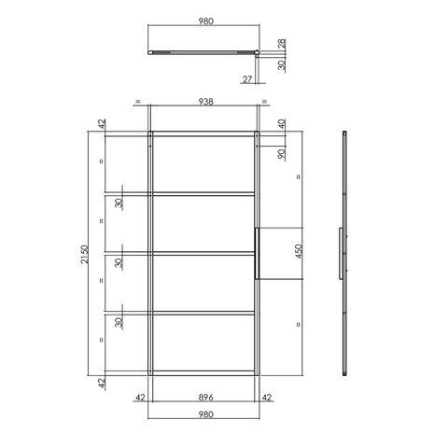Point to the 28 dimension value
tap(282, 44)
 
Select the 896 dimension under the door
tap(204, 397)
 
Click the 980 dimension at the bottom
tap(204, 415)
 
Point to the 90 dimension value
tap(281, 153)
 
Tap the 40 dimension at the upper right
tap(281, 124)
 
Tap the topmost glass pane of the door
tap(204, 165)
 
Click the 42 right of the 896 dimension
tap(268, 397)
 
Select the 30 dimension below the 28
tap(282, 65)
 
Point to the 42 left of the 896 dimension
tap(139, 397)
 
